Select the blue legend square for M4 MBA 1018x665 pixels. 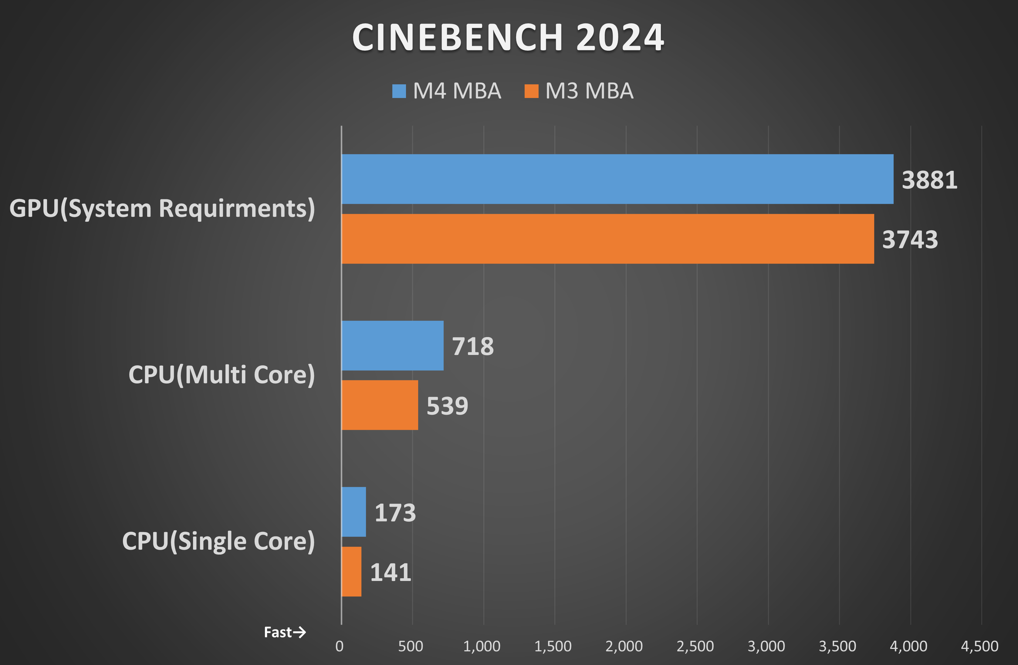click(399, 91)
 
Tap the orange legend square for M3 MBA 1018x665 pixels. click(531, 91)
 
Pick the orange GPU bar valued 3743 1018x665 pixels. click(607, 239)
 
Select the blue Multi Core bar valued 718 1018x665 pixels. click(392, 346)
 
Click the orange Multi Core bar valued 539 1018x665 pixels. click(379, 405)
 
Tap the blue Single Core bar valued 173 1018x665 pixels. click(353, 512)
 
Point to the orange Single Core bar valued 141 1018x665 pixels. click(351, 571)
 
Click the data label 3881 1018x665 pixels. click(929, 180)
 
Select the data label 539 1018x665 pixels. click(447, 406)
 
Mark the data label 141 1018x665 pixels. click(390, 572)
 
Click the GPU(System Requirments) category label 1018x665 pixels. click(162, 209)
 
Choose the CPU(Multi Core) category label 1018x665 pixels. click(222, 375)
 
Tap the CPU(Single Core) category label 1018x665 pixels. click(218, 542)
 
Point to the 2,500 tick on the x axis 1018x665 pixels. click(695, 646)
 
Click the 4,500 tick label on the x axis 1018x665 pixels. click(979, 646)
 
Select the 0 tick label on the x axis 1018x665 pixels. click(340, 646)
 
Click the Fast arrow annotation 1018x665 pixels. click(284, 632)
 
